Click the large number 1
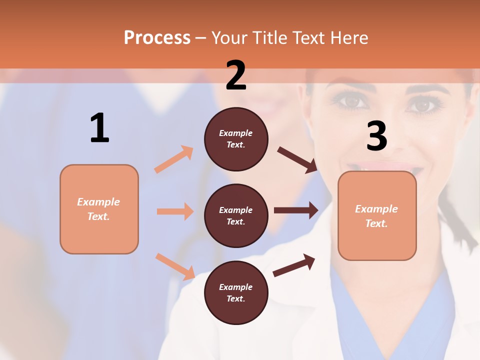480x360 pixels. (99, 128)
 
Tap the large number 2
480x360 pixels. (236, 75)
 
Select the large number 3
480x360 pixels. (376, 136)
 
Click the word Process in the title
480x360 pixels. (157, 37)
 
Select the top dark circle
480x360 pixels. (236, 139)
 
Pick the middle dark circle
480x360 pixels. (236, 215)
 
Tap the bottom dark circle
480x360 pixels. (236, 292)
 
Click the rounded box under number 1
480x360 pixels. (99, 209)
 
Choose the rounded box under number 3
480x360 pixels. (377, 215)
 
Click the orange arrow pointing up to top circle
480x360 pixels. (174, 159)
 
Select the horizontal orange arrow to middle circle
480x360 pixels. (175, 211)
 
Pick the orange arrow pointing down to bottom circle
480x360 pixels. (175, 266)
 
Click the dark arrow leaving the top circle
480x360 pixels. (297, 159)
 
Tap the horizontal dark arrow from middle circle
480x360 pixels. (296, 210)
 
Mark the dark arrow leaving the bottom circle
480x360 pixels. (294, 265)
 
